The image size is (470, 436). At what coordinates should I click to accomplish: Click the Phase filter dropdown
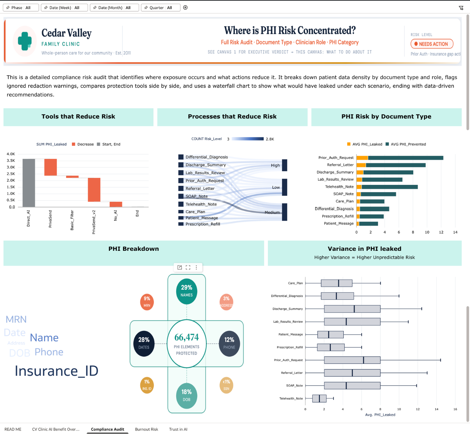[21, 8]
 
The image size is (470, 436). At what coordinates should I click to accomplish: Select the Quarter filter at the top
[160, 8]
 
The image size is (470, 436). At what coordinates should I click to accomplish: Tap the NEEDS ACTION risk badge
[432, 44]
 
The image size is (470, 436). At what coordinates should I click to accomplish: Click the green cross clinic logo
[25, 41]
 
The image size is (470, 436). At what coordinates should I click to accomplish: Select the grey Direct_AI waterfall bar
[29, 183]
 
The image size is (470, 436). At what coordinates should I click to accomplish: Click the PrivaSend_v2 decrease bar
[94, 190]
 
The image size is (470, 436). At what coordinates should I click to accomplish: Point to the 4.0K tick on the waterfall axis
[11, 154]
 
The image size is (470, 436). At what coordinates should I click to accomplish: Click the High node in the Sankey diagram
[285, 165]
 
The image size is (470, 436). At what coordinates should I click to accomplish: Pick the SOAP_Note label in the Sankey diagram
[196, 197]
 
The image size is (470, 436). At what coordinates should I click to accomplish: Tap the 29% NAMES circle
[186, 291]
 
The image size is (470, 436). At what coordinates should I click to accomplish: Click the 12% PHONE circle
[229, 343]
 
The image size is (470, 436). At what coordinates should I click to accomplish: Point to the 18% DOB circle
[186, 395]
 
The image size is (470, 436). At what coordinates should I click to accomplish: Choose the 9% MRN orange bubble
[147, 302]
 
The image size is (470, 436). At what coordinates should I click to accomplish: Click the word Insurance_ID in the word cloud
[56, 371]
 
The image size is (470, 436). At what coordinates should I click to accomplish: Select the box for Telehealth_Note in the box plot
[319, 399]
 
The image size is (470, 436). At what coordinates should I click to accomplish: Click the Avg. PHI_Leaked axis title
[380, 415]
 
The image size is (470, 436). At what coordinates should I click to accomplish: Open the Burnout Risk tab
[147, 429]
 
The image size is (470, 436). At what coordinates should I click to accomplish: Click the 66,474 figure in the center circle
[186, 337]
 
